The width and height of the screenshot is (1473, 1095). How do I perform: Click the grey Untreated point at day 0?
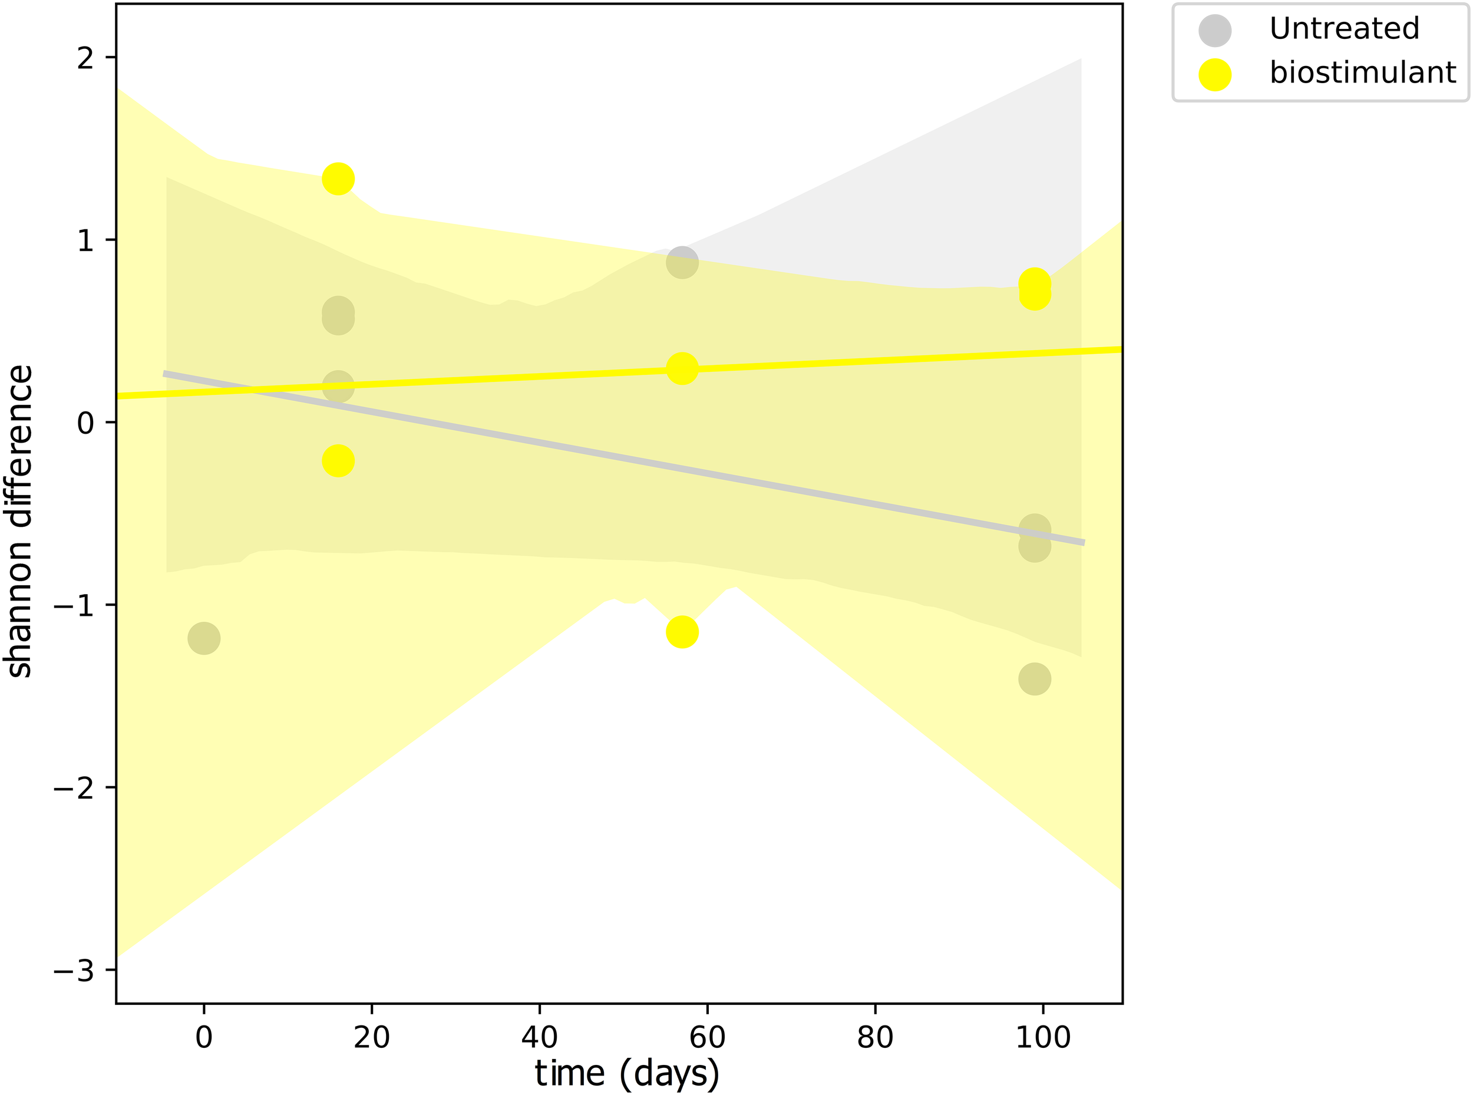click(203, 638)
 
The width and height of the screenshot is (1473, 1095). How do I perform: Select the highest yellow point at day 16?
click(338, 179)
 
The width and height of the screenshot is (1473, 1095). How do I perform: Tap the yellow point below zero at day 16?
click(338, 461)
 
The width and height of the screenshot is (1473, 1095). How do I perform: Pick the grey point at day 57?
click(682, 262)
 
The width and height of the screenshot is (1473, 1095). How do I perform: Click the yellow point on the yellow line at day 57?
click(682, 368)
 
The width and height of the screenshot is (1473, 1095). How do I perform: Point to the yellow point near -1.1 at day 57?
click(682, 632)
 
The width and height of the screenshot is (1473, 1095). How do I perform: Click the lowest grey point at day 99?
click(1035, 679)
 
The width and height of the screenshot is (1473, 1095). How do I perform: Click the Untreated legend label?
click(1344, 28)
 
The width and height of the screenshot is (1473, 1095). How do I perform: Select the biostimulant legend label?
click(1362, 72)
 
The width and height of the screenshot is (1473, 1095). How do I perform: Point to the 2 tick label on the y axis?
click(85, 58)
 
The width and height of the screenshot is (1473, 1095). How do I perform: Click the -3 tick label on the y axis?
click(74, 971)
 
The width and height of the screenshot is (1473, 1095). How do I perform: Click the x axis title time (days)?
click(626, 1074)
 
